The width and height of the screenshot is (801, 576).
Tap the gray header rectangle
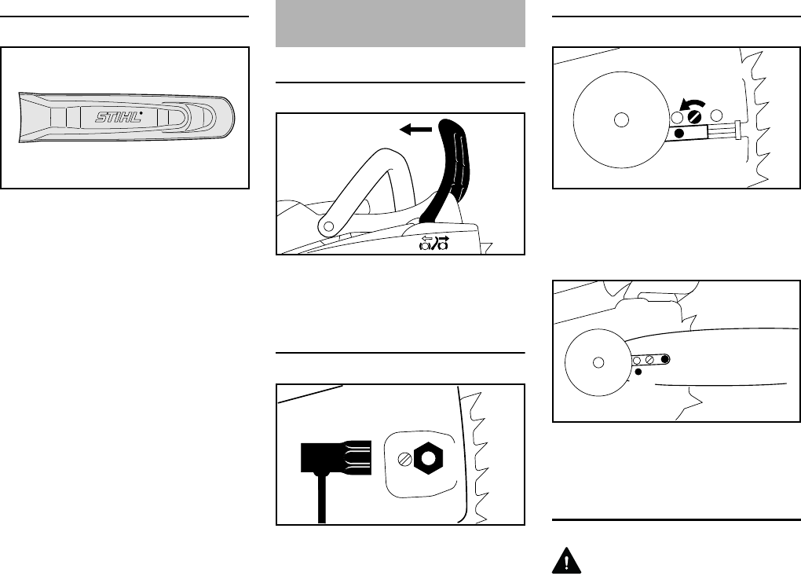(x=400, y=23)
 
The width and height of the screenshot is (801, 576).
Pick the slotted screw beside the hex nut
(x=405, y=457)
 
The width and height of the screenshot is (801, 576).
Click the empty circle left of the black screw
(x=677, y=117)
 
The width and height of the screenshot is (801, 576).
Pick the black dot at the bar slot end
(x=665, y=360)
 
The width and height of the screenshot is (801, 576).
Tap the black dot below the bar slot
(x=638, y=371)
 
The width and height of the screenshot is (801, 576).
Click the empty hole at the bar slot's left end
(x=637, y=361)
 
